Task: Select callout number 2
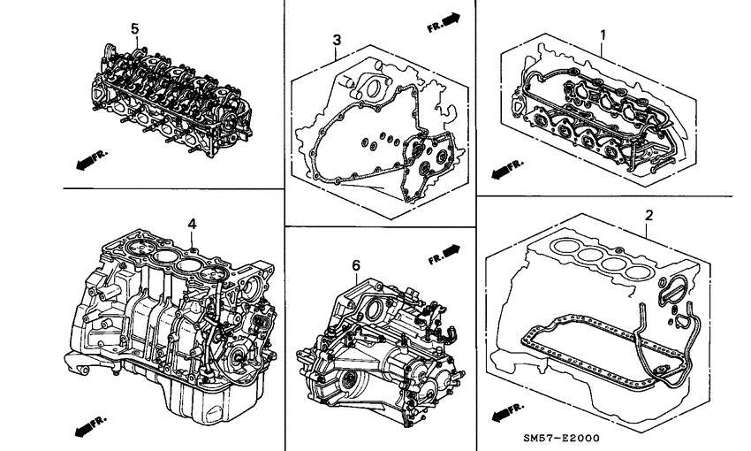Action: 649,215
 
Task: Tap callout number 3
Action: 337,40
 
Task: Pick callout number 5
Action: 135,29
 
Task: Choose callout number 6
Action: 356,264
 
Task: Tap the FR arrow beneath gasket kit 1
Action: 507,166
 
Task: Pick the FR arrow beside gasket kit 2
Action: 506,409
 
